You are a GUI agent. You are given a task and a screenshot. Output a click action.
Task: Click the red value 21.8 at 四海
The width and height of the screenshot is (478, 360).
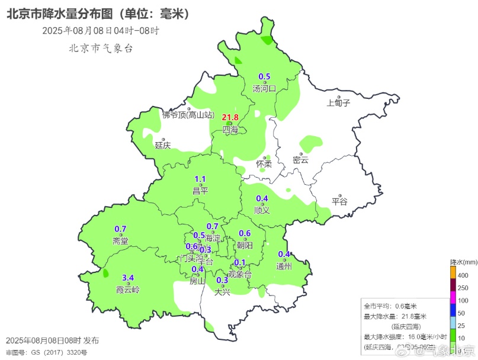[230, 117]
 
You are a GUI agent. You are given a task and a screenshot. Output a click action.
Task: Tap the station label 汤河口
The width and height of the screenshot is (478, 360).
[264, 89]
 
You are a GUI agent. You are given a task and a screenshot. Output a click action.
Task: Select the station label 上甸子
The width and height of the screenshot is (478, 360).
[339, 102]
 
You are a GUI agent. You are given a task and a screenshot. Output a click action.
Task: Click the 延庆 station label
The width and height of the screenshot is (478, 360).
[163, 144]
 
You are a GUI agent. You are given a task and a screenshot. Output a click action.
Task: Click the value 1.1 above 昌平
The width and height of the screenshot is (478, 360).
[200, 179]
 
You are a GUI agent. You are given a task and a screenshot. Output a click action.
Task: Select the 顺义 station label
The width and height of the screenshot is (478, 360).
[262, 210]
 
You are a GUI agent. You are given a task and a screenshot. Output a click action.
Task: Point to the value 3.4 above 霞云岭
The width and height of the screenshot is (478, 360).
[128, 278]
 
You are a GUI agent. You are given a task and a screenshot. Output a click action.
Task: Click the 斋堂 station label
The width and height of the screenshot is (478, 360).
[120, 241]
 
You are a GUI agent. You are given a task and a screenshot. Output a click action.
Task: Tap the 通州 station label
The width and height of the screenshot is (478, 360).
[284, 266]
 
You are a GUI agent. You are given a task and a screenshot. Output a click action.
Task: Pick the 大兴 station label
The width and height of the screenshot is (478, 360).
[222, 291]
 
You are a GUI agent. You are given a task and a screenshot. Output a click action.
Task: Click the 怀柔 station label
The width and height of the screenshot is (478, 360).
[264, 164]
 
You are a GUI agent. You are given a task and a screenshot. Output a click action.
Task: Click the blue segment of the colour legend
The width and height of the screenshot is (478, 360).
[453, 309]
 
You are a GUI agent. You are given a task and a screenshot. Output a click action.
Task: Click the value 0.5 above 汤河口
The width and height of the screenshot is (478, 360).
[264, 76]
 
